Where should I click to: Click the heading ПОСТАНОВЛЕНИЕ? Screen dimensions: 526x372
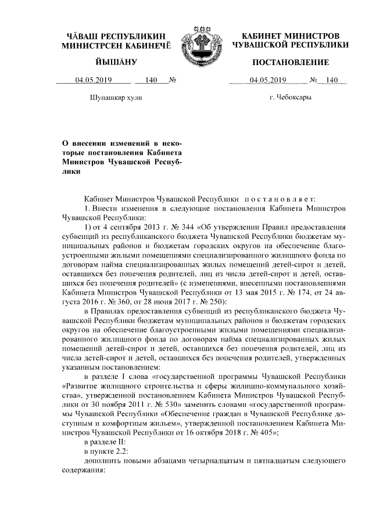tap(291, 62)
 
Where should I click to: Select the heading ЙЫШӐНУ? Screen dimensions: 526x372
tap(116, 62)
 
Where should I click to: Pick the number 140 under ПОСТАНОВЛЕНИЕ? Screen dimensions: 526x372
tap(332, 80)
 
